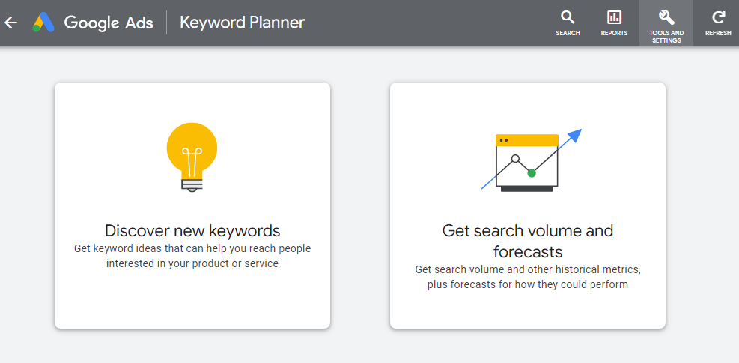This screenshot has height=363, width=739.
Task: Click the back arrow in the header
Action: point(10,22)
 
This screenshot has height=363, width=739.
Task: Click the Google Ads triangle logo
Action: point(43,22)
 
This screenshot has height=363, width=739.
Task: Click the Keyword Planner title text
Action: point(243,22)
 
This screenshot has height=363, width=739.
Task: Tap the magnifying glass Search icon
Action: point(568,18)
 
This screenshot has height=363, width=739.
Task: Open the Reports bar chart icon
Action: point(614,18)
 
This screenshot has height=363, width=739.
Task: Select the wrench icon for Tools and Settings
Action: point(666,17)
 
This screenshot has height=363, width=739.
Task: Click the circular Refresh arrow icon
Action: point(718,18)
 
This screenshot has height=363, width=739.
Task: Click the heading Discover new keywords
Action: point(192,231)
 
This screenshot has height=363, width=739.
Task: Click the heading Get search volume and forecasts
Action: point(528,241)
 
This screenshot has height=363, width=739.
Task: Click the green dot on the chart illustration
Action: point(532,173)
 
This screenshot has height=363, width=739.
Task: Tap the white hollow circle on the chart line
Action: point(515,158)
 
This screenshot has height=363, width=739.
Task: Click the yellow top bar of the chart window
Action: point(527,140)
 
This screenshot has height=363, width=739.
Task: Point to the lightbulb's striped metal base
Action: point(192,184)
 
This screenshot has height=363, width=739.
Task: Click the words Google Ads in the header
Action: point(109,22)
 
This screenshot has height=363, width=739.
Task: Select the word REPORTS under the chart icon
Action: point(614,33)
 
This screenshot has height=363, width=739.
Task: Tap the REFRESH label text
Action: point(718,33)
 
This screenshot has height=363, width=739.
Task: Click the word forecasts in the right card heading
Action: point(528,251)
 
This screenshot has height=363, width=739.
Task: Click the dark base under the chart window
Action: point(527,189)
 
